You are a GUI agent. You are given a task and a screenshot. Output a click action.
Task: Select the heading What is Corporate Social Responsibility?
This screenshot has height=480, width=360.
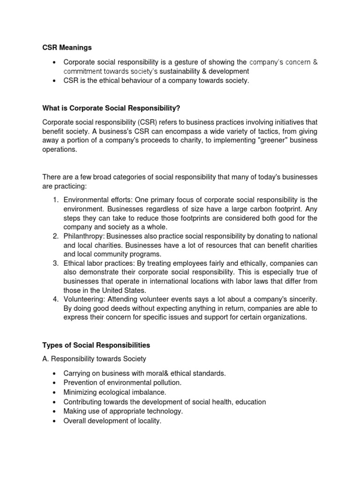coord(111,108)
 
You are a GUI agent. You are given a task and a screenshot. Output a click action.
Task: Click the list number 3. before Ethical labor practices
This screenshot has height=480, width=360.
coord(55,263)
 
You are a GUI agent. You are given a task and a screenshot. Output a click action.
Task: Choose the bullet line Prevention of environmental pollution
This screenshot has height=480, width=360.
coord(122,383)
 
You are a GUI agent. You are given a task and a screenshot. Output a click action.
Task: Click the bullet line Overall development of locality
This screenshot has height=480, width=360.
coord(112,421)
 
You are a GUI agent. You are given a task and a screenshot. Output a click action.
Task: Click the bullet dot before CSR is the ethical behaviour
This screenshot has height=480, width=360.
coord(55,81)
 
